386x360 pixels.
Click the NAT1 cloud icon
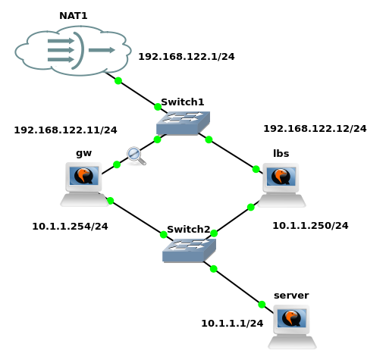click(x=73, y=51)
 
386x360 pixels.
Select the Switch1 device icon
click(x=183, y=123)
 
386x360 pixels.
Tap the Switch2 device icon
click(x=189, y=250)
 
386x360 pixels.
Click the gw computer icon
click(x=84, y=184)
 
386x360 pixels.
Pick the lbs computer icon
click(x=281, y=185)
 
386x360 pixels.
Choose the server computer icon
click(x=292, y=327)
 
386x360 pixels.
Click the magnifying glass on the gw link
click(x=137, y=156)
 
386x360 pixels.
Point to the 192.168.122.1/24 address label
click(x=187, y=57)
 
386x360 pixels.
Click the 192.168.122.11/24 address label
click(x=65, y=130)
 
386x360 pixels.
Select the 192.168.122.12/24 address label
click(x=315, y=129)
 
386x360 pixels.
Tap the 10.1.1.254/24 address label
click(x=70, y=227)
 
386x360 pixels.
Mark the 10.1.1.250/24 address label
click(x=310, y=226)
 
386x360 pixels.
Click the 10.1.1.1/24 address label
click(x=232, y=324)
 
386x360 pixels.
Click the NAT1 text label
click(x=74, y=16)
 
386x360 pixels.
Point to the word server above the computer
click(x=291, y=296)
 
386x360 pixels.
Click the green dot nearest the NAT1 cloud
click(x=118, y=81)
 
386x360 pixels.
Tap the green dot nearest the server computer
click(x=262, y=305)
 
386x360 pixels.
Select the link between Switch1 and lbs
click(x=231, y=153)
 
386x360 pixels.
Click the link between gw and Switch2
click(x=137, y=218)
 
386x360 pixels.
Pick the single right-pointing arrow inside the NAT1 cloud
click(x=102, y=50)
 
